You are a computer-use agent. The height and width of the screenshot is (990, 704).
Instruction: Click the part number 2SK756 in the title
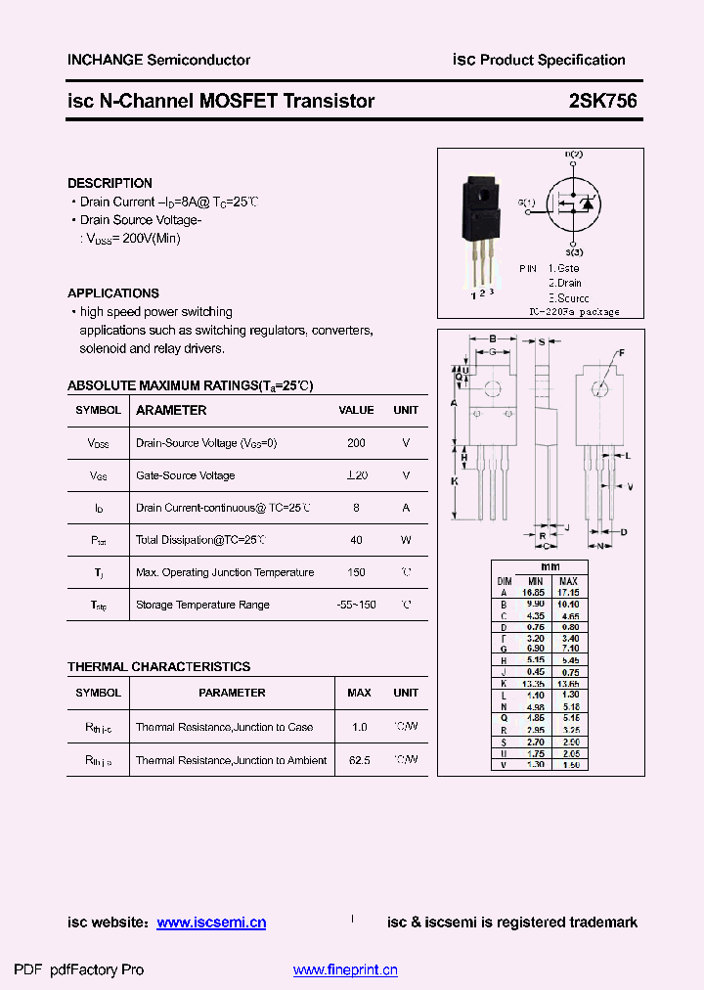(595, 101)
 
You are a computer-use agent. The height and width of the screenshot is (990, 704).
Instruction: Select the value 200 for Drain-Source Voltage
(356, 443)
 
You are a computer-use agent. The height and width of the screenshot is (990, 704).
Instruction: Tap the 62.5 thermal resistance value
(359, 760)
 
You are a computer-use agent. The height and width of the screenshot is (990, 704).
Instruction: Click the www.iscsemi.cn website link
(211, 922)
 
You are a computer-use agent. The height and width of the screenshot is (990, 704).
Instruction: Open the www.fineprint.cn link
(345, 970)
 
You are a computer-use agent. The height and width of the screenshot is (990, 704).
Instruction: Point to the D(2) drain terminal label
(573, 155)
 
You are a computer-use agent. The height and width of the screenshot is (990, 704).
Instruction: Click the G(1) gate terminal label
(526, 203)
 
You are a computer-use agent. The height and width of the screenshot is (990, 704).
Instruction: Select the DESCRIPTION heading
(110, 183)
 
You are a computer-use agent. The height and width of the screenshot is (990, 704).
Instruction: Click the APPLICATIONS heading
(112, 293)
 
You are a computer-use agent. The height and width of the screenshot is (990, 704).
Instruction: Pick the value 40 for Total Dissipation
(356, 540)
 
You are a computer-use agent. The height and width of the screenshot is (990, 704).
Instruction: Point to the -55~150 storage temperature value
(356, 605)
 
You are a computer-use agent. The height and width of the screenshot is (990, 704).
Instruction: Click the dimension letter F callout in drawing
(621, 352)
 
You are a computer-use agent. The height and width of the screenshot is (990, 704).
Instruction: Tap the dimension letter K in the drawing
(455, 481)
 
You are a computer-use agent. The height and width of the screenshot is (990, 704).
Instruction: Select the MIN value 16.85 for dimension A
(533, 592)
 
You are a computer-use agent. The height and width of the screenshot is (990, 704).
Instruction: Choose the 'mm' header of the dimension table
(550, 567)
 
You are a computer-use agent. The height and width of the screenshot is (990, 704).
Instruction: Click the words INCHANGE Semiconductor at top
(158, 60)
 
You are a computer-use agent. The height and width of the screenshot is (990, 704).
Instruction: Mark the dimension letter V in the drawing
(629, 486)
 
